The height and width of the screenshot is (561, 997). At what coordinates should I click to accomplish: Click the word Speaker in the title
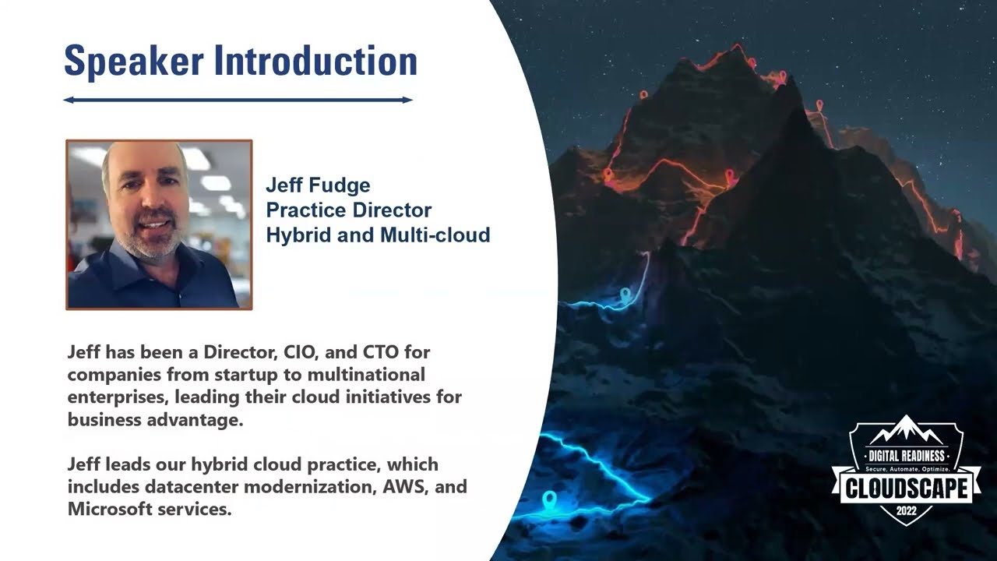[x=134, y=61]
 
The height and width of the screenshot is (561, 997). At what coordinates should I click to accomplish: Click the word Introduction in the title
[x=315, y=60]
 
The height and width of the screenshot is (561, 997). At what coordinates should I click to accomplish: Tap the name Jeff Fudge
[x=318, y=185]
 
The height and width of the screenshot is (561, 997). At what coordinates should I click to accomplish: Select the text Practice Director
[x=348, y=210]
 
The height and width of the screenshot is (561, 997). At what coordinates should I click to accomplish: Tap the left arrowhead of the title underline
[x=68, y=101]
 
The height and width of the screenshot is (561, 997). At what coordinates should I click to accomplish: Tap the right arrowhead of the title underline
[x=407, y=101]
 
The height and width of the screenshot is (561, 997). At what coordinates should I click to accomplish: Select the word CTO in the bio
[x=381, y=352]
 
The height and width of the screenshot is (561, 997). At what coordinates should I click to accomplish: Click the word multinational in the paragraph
[x=366, y=375]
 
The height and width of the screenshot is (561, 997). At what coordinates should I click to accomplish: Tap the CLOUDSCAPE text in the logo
[x=906, y=488]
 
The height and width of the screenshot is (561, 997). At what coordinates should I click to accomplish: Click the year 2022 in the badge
[x=907, y=510]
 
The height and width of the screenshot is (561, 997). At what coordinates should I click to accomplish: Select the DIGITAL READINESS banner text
[x=907, y=456]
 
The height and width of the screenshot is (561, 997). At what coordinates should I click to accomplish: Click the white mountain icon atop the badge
[x=906, y=429]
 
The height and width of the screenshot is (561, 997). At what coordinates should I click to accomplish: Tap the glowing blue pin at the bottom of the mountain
[x=550, y=500]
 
